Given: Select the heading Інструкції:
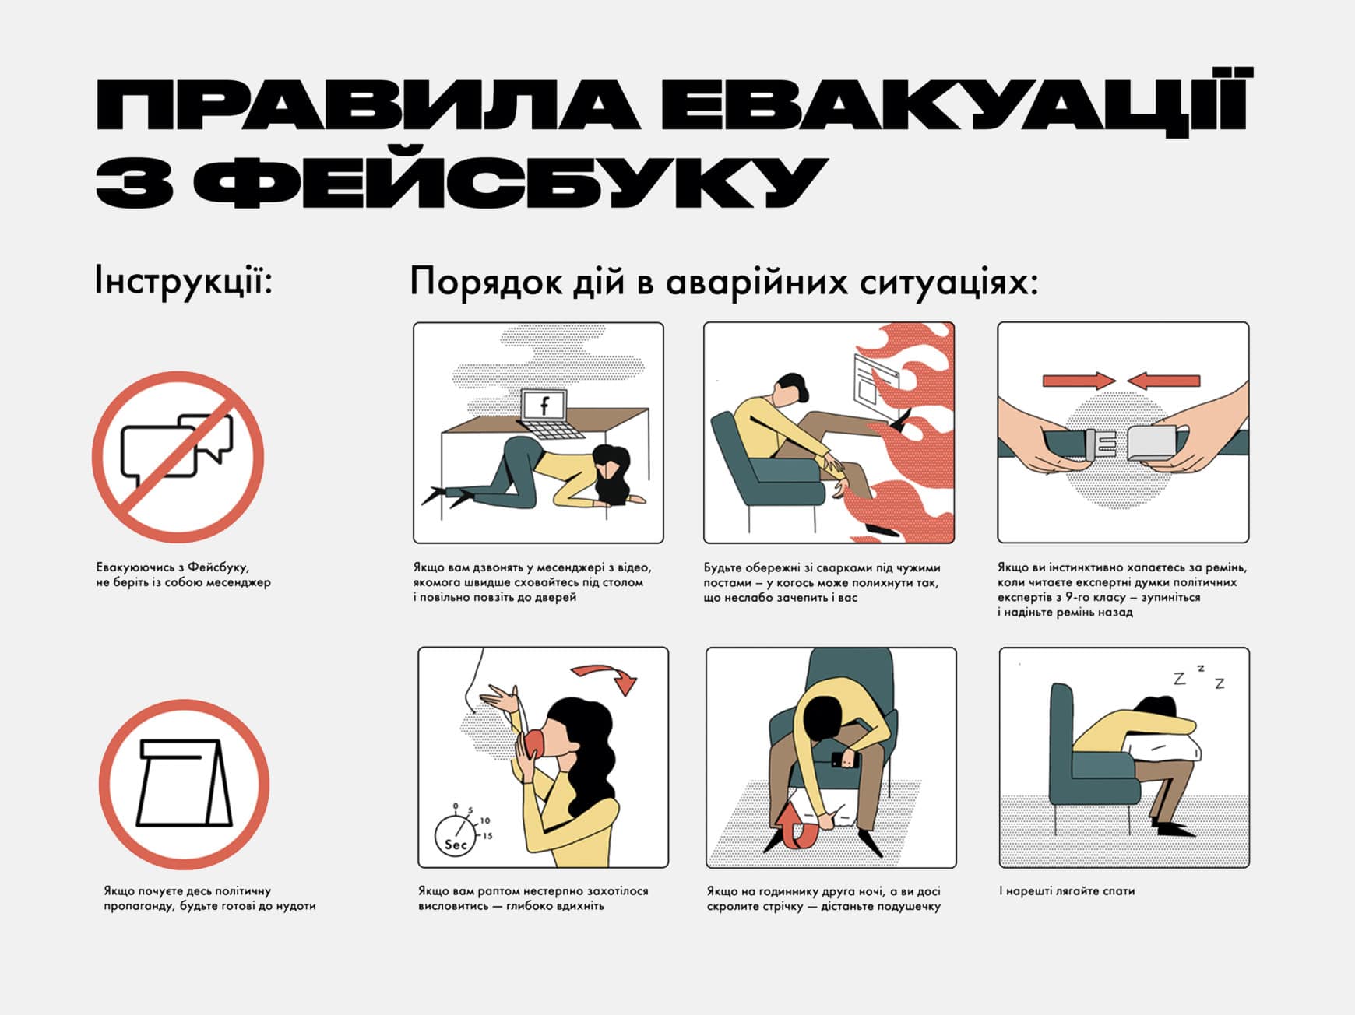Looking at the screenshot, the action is (x=184, y=281).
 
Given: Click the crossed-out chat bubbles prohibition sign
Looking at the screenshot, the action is (x=178, y=457).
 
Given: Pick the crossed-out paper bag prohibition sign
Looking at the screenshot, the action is (x=184, y=784).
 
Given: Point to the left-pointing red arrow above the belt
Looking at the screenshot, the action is (x=1163, y=381).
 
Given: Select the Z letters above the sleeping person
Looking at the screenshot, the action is (x=1199, y=678).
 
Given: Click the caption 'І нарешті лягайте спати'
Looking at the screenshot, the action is (x=1067, y=890).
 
